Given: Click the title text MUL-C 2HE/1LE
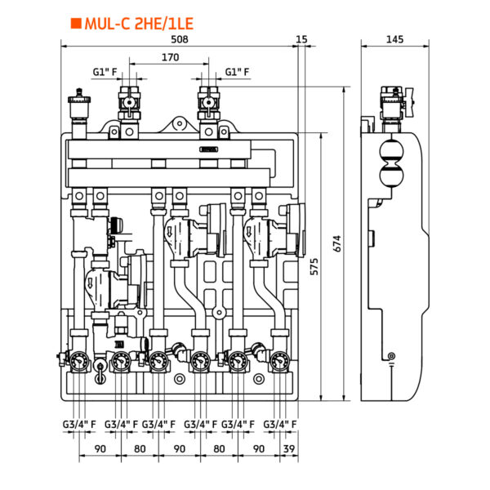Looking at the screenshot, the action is [139, 24].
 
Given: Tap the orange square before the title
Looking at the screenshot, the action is [76, 24].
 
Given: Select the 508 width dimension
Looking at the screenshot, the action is [180, 39].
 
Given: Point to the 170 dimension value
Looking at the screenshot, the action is [171, 57].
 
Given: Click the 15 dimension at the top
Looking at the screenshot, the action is [301, 39].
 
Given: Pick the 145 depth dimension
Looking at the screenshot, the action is [395, 39].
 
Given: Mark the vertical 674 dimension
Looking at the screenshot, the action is [337, 243].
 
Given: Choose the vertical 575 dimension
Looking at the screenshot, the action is [314, 266].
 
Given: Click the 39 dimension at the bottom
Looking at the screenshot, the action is [289, 448].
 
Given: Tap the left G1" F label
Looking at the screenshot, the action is [105, 72].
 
